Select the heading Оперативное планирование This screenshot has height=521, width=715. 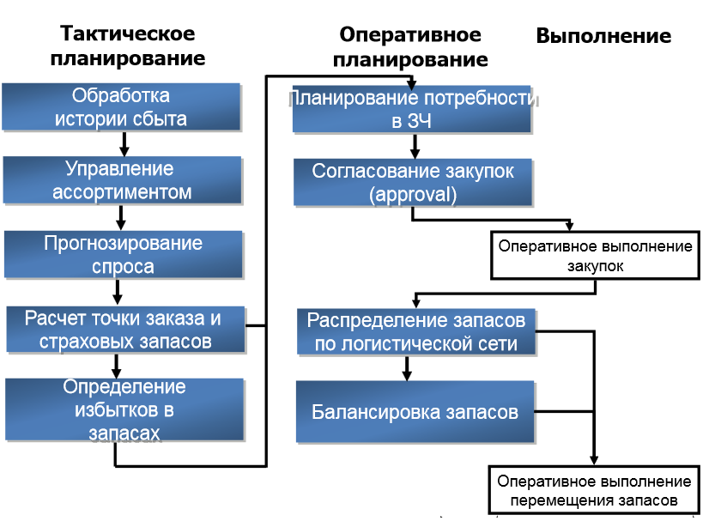pos(410,47)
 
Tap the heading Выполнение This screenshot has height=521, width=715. pos(603,36)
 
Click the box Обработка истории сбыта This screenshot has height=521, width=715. pos(121,107)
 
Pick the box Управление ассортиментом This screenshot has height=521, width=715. pos(121,180)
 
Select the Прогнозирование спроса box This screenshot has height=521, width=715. pos(123,254)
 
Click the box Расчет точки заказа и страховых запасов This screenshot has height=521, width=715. pos(123,330)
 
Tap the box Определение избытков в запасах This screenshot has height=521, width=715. pos(123,409)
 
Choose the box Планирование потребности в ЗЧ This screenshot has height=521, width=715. pos(415,109)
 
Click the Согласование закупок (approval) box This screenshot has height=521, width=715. pos(413,182)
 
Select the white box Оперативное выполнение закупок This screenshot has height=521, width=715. pos(595,256)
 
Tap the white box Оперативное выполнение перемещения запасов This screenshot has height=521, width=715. pos(594,490)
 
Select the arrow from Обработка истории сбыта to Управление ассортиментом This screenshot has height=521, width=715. pos(123,144)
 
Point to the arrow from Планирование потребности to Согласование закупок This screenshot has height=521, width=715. pos(414,146)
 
